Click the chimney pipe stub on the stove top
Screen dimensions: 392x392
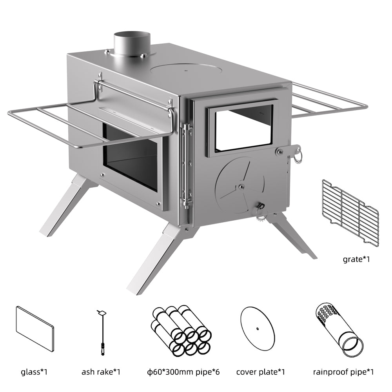coord(132,44)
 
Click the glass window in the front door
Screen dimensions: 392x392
coord(243,128)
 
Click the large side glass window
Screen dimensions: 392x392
coord(131,157)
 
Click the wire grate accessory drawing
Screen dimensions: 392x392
coord(350,212)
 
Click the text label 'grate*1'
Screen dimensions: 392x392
coord(356,259)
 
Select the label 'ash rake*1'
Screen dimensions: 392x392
coord(102,371)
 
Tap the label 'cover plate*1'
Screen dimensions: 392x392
coord(260,371)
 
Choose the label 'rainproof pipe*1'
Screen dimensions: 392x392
coord(343,371)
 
